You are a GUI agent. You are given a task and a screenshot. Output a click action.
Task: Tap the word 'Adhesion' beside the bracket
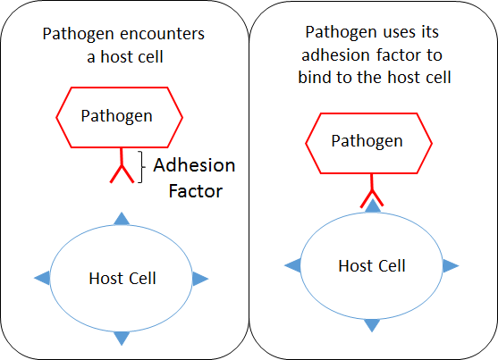[x=194, y=165]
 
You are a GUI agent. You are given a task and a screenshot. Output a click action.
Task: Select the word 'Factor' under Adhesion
[x=195, y=191]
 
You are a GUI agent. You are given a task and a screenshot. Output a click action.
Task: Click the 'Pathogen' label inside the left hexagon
[x=116, y=116]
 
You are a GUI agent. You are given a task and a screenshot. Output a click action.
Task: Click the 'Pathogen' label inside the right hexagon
[x=367, y=141]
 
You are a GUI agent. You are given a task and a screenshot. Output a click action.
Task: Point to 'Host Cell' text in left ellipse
[x=122, y=279]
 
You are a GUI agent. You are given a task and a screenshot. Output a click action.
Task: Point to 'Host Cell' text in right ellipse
[x=372, y=265]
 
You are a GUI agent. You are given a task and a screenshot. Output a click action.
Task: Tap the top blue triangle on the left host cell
[x=122, y=219]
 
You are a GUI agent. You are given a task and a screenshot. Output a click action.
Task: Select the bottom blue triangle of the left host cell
[x=122, y=338]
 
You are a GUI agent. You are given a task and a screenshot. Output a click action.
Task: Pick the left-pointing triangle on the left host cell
[x=43, y=278]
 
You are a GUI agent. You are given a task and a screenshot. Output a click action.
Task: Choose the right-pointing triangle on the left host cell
[x=199, y=279]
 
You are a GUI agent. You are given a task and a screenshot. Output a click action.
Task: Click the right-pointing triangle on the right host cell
[x=451, y=265]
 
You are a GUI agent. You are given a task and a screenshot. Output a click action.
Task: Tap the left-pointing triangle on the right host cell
[x=293, y=265]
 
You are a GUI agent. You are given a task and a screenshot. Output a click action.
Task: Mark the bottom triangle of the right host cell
[x=372, y=325]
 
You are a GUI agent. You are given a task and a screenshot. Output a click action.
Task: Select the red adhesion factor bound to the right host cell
[x=372, y=190]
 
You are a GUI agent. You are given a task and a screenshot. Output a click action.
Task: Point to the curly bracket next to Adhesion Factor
[x=140, y=167]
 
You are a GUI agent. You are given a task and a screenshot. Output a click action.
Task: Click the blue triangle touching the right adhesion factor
[x=373, y=205]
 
